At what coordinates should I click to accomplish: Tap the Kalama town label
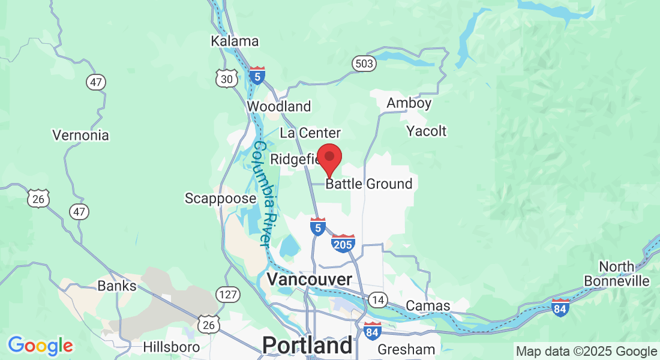[x=235, y=41]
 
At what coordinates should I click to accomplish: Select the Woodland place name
[x=279, y=107]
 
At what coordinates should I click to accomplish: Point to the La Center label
[x=310, y=133]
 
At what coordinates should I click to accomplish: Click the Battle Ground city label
[x=369, y=184]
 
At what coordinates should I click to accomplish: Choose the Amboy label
[x=409, y=103]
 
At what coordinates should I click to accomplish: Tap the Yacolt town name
[x=427, y=131]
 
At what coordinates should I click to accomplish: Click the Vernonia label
[x=81, y=135]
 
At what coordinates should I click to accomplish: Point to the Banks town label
[x=117, y=286]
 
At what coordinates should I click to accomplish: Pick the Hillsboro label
[x=172, y=347]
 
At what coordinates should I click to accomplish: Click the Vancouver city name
[x=309, y=280]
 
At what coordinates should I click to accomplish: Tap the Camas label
[x=428, y=306]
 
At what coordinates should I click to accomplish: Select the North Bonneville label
[x=625, y=274]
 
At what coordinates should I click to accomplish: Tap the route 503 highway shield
[x=364, y=64]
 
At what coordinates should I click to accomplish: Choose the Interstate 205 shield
[x=343, y=243]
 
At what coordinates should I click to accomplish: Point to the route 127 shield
[x=229, y=295]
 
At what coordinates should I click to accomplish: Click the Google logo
[x=40, y=346]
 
